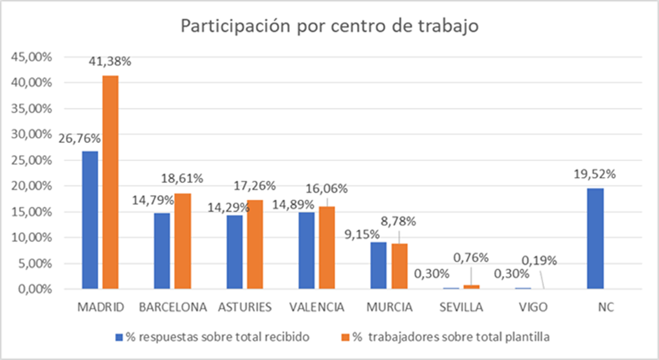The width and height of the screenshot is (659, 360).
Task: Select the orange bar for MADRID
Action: (x=110, y=182)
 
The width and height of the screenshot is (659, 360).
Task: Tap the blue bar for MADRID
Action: (x=90, y=220)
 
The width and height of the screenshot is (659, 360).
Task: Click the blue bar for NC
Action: (x=595, y=238)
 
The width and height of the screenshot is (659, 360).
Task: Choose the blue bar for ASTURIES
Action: (x=234, y=252)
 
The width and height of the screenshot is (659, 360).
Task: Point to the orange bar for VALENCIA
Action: (x=327, y=247)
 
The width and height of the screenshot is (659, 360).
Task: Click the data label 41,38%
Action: (x=110, y=63)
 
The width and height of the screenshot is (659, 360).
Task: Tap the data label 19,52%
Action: (x=595, y=173)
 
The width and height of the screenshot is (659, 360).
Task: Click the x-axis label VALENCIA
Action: (x=317, y=307)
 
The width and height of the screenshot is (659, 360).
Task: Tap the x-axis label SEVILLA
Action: (x=460, y=307)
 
